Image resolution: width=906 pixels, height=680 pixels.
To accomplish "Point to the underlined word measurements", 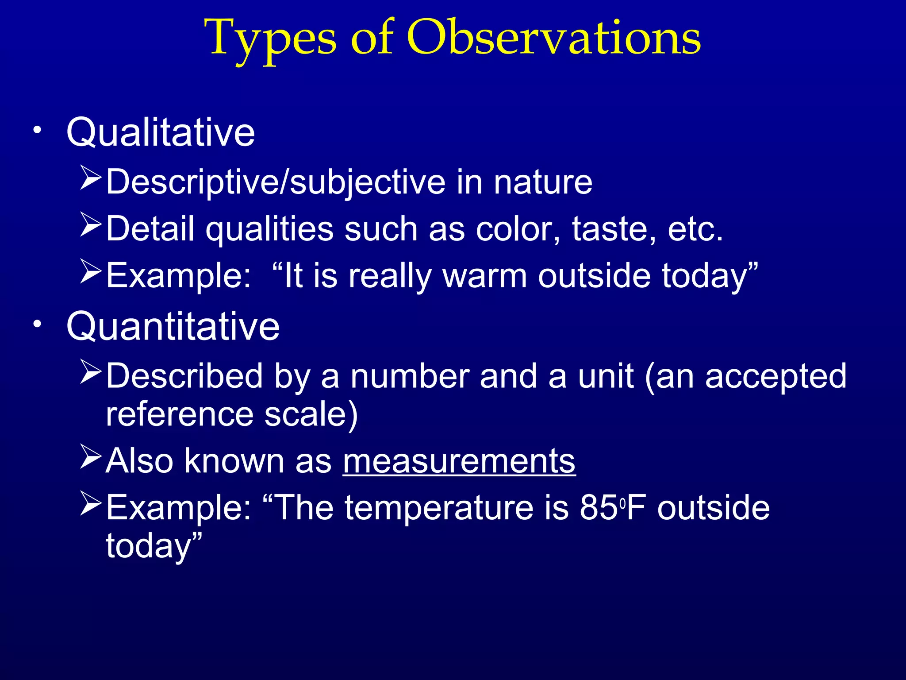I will coord(459,461).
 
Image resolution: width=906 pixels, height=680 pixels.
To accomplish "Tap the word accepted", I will coord(775,376).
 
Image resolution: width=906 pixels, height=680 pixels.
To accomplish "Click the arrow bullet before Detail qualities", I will coord(91,224).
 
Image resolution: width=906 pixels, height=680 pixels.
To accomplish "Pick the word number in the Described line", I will coord(410,376).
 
